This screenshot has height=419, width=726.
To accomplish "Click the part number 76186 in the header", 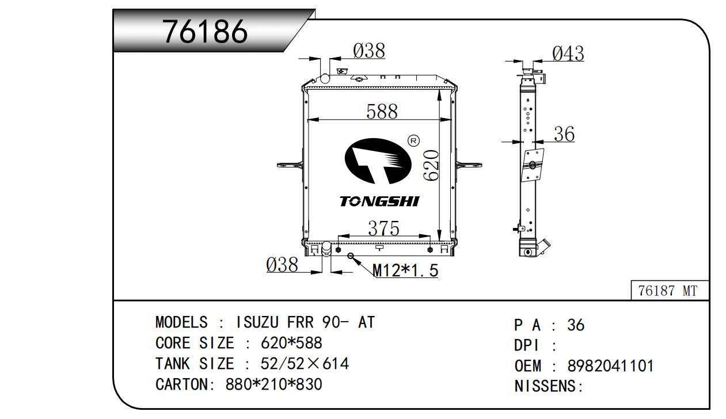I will click(206, 31).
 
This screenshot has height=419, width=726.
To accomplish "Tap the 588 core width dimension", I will click(382, 111).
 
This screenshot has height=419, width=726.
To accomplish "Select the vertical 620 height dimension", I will click(432, 165).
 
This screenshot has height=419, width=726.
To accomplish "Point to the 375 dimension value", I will click(383, 228).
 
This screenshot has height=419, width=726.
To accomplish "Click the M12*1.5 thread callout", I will click(405, 270).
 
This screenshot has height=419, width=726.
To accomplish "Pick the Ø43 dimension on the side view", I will click(568, 54).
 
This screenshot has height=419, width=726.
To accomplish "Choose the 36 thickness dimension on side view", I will click(564, 134).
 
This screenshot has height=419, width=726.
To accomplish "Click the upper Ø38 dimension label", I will click(368, 51).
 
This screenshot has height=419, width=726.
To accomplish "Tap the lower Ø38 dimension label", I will click(282, 265).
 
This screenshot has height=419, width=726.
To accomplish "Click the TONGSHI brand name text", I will click(379, 201).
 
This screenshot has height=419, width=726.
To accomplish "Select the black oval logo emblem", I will click(378, 161).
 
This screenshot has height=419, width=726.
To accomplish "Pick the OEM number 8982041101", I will click(610, 365).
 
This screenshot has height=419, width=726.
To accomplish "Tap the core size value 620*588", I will click(291, 343).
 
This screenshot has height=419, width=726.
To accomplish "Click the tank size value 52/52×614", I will click(305, 364).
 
